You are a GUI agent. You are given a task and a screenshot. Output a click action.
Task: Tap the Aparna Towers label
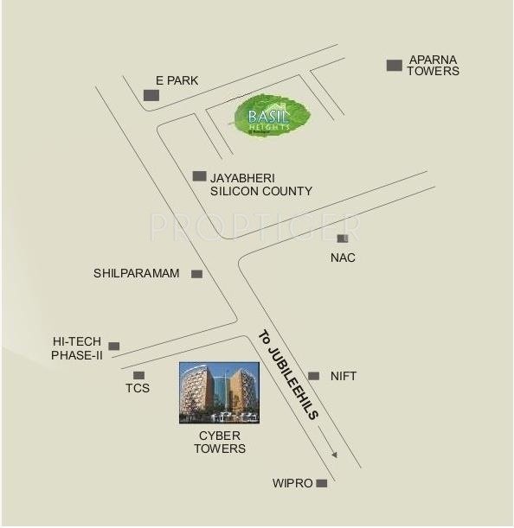(x=434, y=66)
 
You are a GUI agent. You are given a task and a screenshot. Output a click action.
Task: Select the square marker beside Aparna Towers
(x=395, y=65)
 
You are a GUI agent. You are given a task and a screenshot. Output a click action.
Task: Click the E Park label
(x=177, y=80)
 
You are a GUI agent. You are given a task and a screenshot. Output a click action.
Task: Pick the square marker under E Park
(x=151, y=94)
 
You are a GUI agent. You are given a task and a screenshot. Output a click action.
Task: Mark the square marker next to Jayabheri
(x=199, y=175)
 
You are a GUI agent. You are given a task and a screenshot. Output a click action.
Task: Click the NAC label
(x=343, y=258)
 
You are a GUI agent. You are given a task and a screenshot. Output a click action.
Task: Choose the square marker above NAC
(x=343, y=238)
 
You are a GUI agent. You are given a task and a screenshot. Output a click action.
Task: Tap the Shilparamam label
(x=137, y=274)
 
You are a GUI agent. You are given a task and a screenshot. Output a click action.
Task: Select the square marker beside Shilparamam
(x=196, y=274)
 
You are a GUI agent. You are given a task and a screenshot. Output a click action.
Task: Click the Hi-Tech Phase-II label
(x=77, y=348)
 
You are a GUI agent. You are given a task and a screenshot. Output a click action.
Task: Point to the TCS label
(x=138, y=388)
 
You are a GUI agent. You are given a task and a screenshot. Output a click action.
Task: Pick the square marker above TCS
(x=138, y=374)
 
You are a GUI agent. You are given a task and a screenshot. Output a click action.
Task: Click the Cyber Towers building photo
(x=219, y=393)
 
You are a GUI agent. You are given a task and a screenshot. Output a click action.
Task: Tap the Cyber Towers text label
(x=220, y=442)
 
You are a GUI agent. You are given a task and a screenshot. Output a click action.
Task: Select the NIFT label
(x=343, y=376)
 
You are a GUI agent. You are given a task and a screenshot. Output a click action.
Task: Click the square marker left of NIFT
(x=313, y=376)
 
